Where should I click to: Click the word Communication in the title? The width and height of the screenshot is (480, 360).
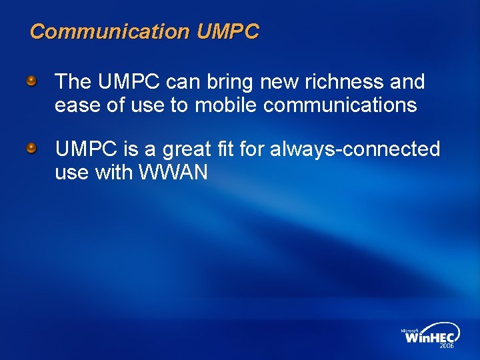pyautogui.click(x=110, y=31)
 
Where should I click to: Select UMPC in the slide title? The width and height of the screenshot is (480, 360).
pyautogui.click(x=228, y=31)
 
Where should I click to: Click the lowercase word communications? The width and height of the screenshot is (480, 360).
pyautogui.click(x=340, y=105)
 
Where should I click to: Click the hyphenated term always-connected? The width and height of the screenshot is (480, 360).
pyautogui.click(x=355, y=149)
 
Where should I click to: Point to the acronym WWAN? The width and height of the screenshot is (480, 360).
pyautogui.click(x=173, y=173)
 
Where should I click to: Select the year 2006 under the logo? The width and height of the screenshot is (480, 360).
pyautogui.click(x=446, y=347)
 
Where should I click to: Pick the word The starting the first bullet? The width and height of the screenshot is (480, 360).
pyautogui.click(x=73, y=82)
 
